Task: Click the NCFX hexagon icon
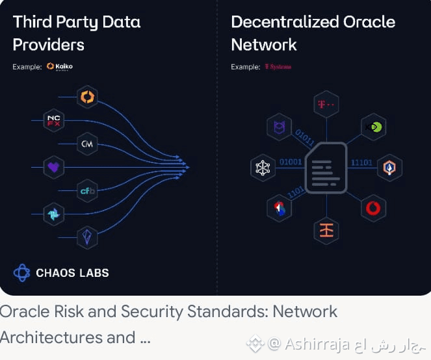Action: point(53,120)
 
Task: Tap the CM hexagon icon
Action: point(86,144)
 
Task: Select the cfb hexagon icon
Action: point(87,190)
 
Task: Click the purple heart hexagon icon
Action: point(53,167)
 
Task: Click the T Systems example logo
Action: point(278,66)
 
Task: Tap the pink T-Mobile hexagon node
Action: point(326,104)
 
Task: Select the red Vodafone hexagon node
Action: point(373,209)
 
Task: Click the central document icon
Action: point(326,167)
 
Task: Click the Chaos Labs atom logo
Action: point(21,272)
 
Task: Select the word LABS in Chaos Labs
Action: point(92,273)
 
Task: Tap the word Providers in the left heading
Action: point(49,45)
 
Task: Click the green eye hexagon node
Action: point(373,127)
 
